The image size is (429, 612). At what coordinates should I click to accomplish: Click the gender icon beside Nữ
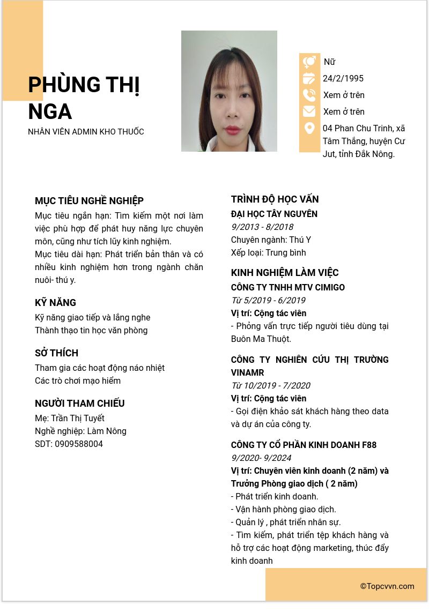[309, 62]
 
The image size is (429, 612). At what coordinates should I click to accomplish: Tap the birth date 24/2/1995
[343, 79]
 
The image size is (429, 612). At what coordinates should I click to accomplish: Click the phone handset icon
[309, 95]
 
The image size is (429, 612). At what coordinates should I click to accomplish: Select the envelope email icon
[309, 111]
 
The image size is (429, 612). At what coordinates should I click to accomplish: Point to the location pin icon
[309, 128]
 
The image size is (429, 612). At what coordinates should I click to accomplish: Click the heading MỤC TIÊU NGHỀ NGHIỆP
[89, 201]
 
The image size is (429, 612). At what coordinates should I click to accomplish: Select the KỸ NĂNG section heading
[55, 303]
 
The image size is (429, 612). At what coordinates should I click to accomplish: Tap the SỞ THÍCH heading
[56, 353]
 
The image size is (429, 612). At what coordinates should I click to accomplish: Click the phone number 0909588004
[79, 444]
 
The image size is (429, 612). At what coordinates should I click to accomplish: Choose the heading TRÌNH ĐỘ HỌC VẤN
[275, 199]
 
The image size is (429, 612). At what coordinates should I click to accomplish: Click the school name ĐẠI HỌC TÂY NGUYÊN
[274, 214]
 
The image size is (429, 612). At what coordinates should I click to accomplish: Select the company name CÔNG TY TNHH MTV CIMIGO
[287, 288]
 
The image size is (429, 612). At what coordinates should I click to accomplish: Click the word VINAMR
[247, 373]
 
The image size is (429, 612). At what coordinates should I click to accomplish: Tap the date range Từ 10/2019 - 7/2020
[270, 386]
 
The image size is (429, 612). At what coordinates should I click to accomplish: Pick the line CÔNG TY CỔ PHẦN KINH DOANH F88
[304, 445]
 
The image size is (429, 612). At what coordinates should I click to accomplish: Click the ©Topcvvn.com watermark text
[387, 586]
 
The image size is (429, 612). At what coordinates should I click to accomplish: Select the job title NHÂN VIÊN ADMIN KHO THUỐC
[86, 132]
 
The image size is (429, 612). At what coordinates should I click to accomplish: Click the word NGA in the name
[50, 111]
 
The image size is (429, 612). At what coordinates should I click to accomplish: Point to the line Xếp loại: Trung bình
[268, 253]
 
